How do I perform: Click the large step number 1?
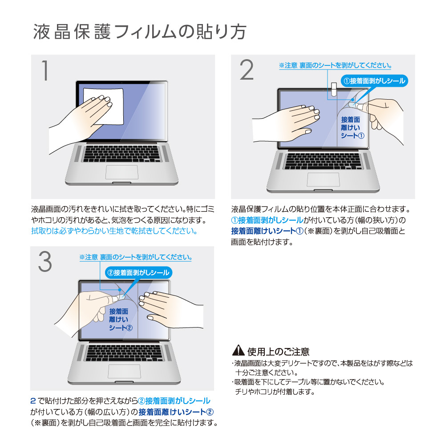click(45, 70)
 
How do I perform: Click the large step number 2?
click(247, 70)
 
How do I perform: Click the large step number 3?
click(45, 262)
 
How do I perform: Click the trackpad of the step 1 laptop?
click(122, 172)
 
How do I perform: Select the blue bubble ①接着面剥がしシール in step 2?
click(374, 81)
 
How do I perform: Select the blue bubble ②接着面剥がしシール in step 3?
click(138, 273)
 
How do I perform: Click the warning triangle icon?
click(238, 351)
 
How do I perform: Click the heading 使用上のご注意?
click(278, 352)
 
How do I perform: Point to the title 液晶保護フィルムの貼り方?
click(140, 32)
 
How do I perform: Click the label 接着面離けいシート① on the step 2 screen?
click(352, 128)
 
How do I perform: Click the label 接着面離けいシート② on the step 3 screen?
click(121, 320)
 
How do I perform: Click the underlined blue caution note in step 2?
click(335, 65)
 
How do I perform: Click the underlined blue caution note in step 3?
click(136, 257)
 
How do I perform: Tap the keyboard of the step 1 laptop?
click(121, 154)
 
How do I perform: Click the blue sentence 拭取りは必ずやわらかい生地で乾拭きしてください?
click(114, 231)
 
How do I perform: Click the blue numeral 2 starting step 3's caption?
click(33, 401)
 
